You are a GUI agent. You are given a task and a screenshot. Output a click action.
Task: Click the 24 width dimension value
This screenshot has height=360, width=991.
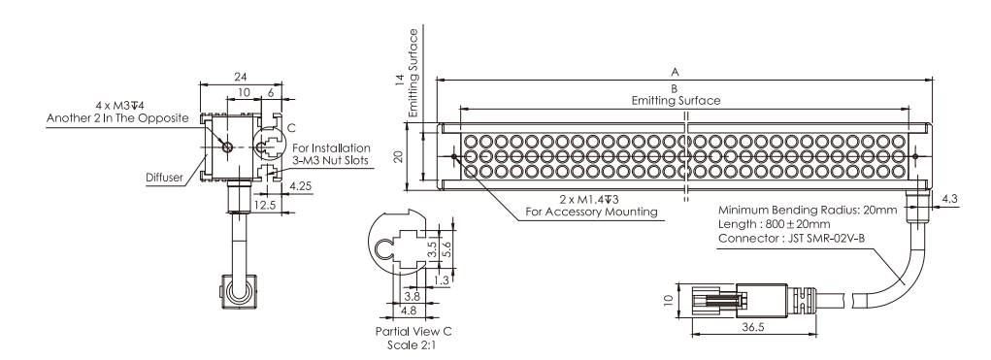point(240,77)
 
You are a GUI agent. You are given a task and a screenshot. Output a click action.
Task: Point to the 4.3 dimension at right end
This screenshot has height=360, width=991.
point(950,199)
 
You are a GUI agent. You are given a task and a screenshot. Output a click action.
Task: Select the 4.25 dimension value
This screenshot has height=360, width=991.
point(301,186)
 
